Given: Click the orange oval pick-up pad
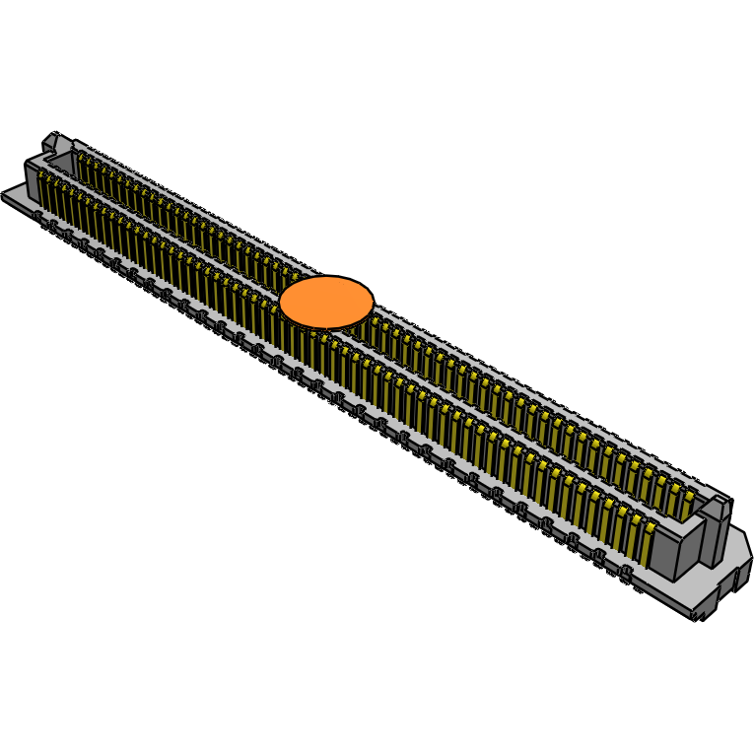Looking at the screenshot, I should (x=326, y=302).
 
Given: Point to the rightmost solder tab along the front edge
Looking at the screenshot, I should (x=625, y=575).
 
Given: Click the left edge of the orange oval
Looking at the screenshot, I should (x=281, y=303).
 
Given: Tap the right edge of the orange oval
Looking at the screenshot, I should (x=373, y=301).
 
